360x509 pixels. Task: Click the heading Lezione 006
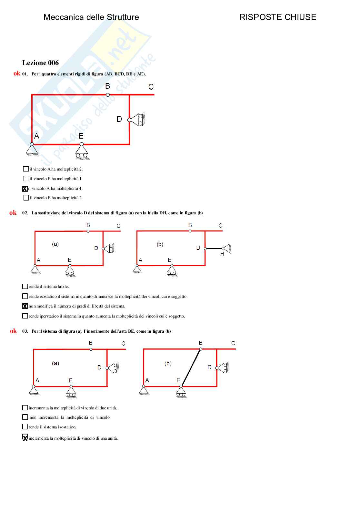point(40,63)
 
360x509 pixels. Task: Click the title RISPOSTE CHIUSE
point(277,17)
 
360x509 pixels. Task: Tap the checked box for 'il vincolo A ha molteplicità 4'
point(25,189)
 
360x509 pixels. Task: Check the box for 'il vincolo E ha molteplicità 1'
point(26,179)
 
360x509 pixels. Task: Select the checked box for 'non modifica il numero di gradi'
point(25,306)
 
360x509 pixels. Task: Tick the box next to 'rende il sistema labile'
point(25,286)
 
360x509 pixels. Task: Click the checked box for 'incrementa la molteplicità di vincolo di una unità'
point(25,437)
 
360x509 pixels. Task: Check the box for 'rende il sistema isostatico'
point(25,427)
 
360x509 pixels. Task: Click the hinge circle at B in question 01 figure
point(108,94)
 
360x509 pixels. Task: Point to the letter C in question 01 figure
point(151,87)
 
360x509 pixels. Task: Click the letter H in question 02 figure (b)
point(222,254)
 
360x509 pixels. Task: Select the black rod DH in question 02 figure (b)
point(214,248)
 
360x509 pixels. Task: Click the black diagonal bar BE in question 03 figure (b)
point(191,367)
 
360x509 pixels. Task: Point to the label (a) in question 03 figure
point(55,363)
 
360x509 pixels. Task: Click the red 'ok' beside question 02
point(13,213)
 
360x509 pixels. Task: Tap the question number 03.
point(25,331)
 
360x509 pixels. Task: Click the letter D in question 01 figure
point(119,119)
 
